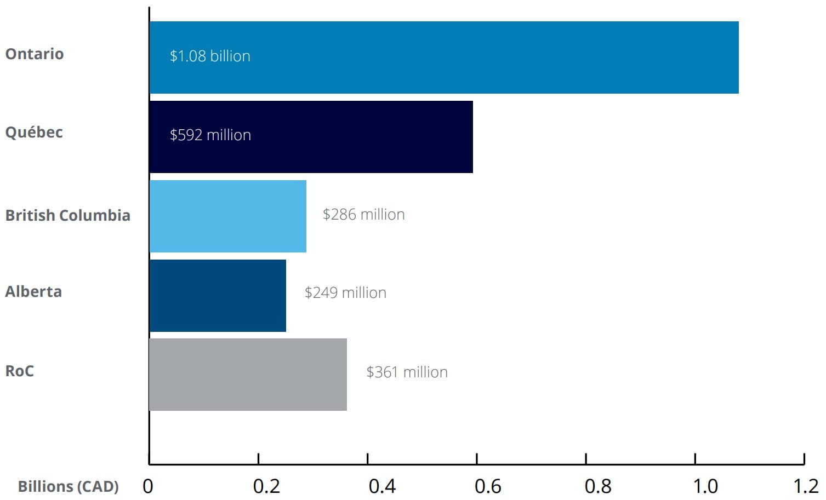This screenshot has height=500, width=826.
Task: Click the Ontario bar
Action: pyautogui.click(x=444, y=58)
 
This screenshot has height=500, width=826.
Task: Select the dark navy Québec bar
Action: pyautogui.click(x=311, y=137)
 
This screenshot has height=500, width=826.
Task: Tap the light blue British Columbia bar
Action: pyautogui.click(x=227, y=216)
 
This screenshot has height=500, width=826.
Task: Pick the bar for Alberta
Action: pyautogui.click(x=218, y=296)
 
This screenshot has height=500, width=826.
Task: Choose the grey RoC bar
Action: pyautogui.click(x=248, y=375)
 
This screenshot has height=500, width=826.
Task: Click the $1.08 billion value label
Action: pyautogui.click(x=210, y=56)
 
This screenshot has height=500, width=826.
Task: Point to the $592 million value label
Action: pyautogui.click(x=210, y=135)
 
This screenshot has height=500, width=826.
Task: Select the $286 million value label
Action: pyautogui.click(x=363, y=214)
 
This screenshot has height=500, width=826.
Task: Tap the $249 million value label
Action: pyautogui.click(x=345, y=292)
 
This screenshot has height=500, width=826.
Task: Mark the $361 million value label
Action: pyautogui.click(x=407, y=372)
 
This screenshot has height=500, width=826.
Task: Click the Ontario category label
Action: pyautogui.click(x=35, y=54)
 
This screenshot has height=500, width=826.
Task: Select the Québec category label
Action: pyautogui.click(x=34, y=132)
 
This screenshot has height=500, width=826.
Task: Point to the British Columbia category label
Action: pyautogui.click(x=68, y=215)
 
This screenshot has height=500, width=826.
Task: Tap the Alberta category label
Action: pyautogui.click(x=33, y=291)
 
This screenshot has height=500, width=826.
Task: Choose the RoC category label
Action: pyautogui.click(x=20, y=371)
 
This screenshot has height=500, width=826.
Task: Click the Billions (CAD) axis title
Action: pyautogui.click(x=69, y=486)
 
